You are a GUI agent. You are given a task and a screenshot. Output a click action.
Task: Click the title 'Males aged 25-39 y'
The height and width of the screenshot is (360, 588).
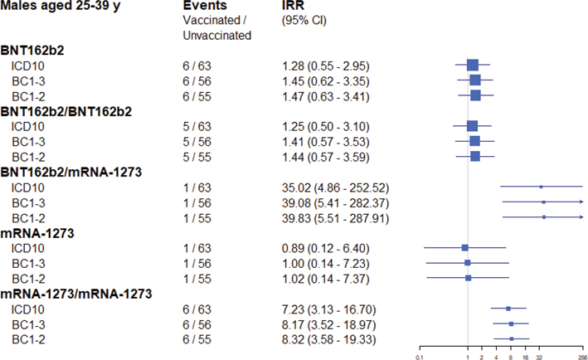tap(56, 7)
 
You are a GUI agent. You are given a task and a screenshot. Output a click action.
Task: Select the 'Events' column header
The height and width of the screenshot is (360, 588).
tap(204, 7)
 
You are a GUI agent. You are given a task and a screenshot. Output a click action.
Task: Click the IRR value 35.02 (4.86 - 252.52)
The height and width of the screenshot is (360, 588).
tap(331, 187)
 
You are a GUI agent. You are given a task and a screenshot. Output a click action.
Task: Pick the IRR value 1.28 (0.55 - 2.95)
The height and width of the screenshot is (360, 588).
tap(324, 66)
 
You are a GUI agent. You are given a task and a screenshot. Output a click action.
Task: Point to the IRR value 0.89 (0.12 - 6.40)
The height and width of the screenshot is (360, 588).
tap(324, 247)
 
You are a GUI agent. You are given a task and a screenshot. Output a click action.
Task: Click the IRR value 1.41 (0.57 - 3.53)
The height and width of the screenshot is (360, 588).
tap(324, 141)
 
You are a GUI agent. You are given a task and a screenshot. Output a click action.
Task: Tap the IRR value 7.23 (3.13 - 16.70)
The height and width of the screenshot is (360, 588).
tap(328, 309)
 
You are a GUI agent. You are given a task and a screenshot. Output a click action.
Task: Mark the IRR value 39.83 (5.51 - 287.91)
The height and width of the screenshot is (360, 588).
tap(331, 217)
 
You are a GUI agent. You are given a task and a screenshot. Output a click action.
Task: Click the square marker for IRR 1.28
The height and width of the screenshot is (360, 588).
tap(473, 66)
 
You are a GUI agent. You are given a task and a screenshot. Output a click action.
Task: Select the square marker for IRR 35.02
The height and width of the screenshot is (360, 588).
tap(541, 187)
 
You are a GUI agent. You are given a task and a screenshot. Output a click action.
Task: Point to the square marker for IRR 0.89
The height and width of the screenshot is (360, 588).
tap(465, 247)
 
